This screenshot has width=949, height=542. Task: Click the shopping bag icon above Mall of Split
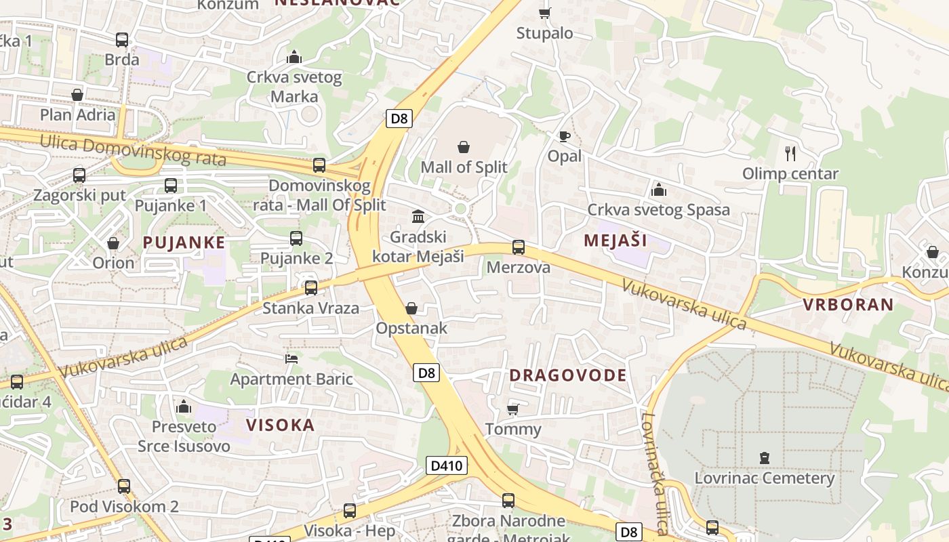pyautogui.click(x=464, y=147)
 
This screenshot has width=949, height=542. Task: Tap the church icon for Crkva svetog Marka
pyautogui.click(x=294, y=57)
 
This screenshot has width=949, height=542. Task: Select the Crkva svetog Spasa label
pyautogui.click(x=658, y=209)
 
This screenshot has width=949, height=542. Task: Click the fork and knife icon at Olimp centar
pyautogui.click(x=790, y=153)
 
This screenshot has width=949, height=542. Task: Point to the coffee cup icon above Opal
pyautogui.click(x=564, y=137)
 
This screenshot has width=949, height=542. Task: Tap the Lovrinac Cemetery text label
pyautogui.click(x=764, y=478)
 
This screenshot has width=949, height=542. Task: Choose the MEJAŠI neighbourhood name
pyautogui.click(x=615, y=241)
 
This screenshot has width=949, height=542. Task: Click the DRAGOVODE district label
pyautogui.click(x=567, y=375)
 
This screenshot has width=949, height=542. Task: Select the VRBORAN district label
pyautogui.click(x=848, y=304)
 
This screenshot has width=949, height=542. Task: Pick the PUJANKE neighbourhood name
pyautogui.click(x=184, y=243)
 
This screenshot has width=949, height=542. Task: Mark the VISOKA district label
pyautogui.click(x=280, y=425)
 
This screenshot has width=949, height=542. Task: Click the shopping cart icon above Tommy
pyautogui.click(x=513, y=409)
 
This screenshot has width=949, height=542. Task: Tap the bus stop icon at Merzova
pyautogui.click(x=519, y=247)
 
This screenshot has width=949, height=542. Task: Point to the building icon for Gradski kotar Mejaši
pyautogui.click(x=419, y=217)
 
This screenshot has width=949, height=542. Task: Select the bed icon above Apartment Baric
pyautogui.click(x=291, y=358)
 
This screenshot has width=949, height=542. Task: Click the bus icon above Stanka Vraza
pyautogui.click(x=311, y=287)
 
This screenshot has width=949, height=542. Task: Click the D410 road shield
pyautogui.click(x=447, y=465)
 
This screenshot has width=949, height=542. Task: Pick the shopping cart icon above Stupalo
pyautogui.click(x=544, y=13)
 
